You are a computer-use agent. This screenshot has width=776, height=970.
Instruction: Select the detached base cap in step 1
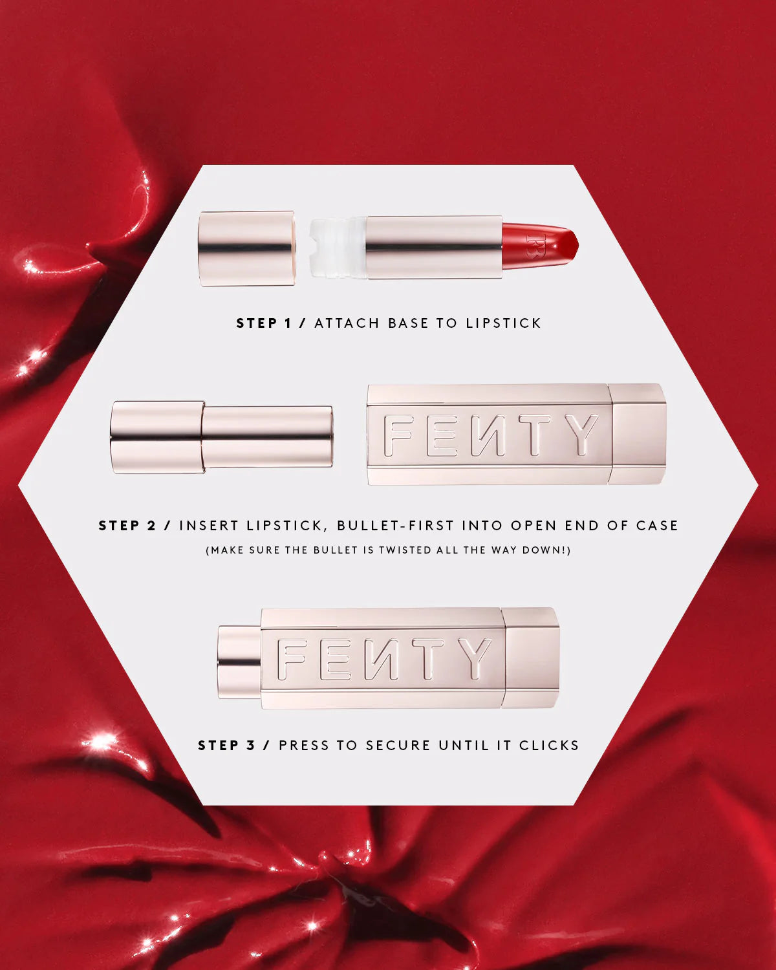(246, 248)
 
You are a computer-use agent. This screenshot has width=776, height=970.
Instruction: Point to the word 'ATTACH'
(347, 323)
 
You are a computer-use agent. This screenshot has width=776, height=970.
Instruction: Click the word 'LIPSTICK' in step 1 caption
(503, 323)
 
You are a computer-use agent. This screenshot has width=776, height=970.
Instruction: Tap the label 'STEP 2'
(127, 526)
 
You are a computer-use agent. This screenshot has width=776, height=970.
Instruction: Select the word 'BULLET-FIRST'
(393, 526)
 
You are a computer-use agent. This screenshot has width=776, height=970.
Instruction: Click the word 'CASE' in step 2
(657, 526)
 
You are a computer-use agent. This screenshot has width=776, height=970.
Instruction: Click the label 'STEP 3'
(226, 746)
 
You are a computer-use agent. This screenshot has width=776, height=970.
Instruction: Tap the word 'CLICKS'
(549, 746)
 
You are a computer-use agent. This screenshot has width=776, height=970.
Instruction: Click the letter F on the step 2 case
(396, 435)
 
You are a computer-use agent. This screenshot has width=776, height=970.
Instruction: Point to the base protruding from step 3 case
(239, 658)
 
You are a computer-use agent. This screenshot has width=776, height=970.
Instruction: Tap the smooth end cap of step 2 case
(638, 433)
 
